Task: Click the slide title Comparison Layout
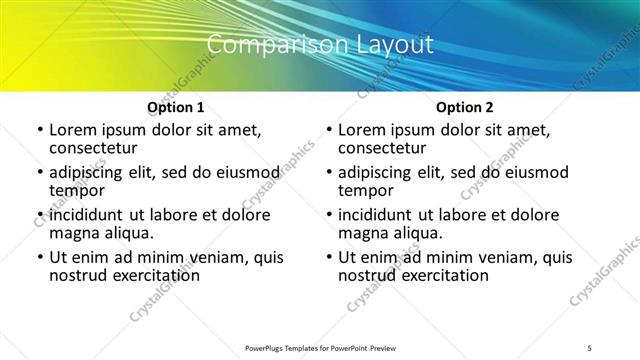pos(320,45)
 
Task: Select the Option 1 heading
pos(175,107)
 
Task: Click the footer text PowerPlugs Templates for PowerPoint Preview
pos(320,348)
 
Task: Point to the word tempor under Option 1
pos(77,190)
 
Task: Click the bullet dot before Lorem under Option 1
pos(40,131)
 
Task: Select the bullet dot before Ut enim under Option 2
pos(329,258)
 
